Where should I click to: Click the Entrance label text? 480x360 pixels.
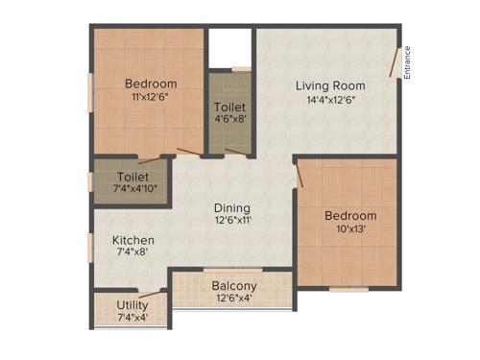(x=407, y=63)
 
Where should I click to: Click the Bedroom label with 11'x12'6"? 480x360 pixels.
(x=151, y=84)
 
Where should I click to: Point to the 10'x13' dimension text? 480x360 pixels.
(x=344, y=228)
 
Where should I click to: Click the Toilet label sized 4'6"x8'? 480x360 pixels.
(x=229, y=107)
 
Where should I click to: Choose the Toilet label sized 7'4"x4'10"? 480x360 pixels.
(x=132, y=178)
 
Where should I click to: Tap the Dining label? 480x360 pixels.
(x=232, y=207)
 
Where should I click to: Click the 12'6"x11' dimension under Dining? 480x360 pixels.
(x=232, y=220)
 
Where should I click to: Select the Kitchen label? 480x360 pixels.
(x=132, y=239)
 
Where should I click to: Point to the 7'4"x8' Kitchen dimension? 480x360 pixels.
(x=132, y=252)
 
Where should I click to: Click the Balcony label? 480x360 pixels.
(x=234, y=285)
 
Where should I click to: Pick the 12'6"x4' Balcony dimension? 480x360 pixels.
(x=234, y=298)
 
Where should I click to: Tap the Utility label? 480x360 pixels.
(x=132, y=304)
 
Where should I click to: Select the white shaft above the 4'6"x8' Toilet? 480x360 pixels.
(x=230, y=48)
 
